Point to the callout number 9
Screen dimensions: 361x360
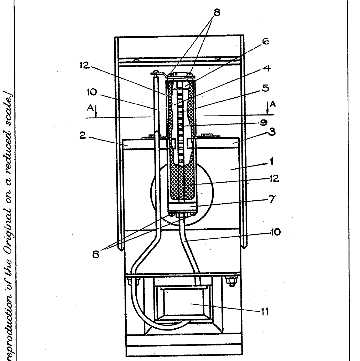pyautogui.click(x=264, y=122)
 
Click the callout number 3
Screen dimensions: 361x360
pyautogui.click(x=272, y=131)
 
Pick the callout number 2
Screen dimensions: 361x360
pyautogui.click(x=83, y=137)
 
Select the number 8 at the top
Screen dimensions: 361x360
pyautogui.click(x=217, y=13)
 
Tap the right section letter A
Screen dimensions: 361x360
pyautogui.click(x=273, y=105)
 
